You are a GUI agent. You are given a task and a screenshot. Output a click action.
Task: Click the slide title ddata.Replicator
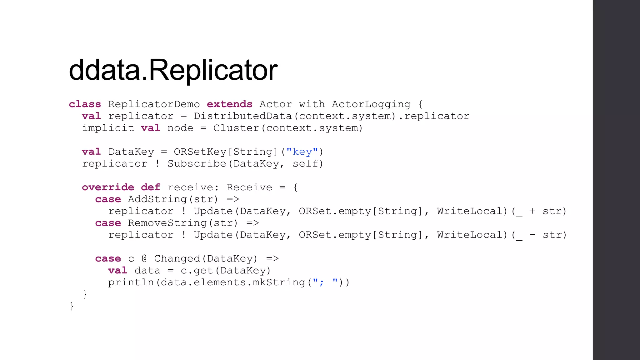pyautogui.click(x=173, y=70)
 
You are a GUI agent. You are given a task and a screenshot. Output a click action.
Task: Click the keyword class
pyautogui.click(x=85, y=104)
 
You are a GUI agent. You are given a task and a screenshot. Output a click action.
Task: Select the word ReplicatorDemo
pyautogui.click(x=154, y=104)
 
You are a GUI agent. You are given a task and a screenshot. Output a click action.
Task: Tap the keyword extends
pyautogui.click(x=229, y=104)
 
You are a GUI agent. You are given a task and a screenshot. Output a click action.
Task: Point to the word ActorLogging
pyautogui.click(x=371, y=104)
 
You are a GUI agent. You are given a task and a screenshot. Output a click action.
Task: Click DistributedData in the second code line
pyautogui.click(x=242, y=116)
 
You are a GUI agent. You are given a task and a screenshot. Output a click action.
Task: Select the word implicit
pyautogui.click(x=108, y=128)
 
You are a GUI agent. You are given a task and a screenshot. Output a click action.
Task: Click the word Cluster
pyautogui.click(x=236, y=128)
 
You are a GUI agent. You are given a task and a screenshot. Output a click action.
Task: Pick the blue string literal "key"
pyautogui.click(x=302, y=152)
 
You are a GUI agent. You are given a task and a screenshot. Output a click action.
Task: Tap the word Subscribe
pyautogui.click(x=197, y=163)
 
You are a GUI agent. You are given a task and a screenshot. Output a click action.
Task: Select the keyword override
pyautogui.click(x=108, y=187)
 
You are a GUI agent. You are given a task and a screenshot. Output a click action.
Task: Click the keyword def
pyautogui.click(x=150, y=187)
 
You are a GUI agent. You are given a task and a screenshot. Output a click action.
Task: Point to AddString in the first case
pyautogui.click(x=157, y=199)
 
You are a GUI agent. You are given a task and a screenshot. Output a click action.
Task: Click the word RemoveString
pyautogui.click(x=167, y=223)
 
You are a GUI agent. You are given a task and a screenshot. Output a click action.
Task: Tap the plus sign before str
pyautogui.click(x=532, y=211)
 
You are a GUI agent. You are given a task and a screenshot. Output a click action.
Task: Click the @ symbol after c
pyautogui.click(x=144, y=258)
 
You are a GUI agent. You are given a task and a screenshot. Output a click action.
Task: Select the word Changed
pyautogui.click(x=177, y=258)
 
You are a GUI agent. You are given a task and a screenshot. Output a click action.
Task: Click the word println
pyautogui.click(x=131, y=282)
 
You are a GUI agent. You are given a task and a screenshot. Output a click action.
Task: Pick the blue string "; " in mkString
pyautogui.click(x=325, y=282)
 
